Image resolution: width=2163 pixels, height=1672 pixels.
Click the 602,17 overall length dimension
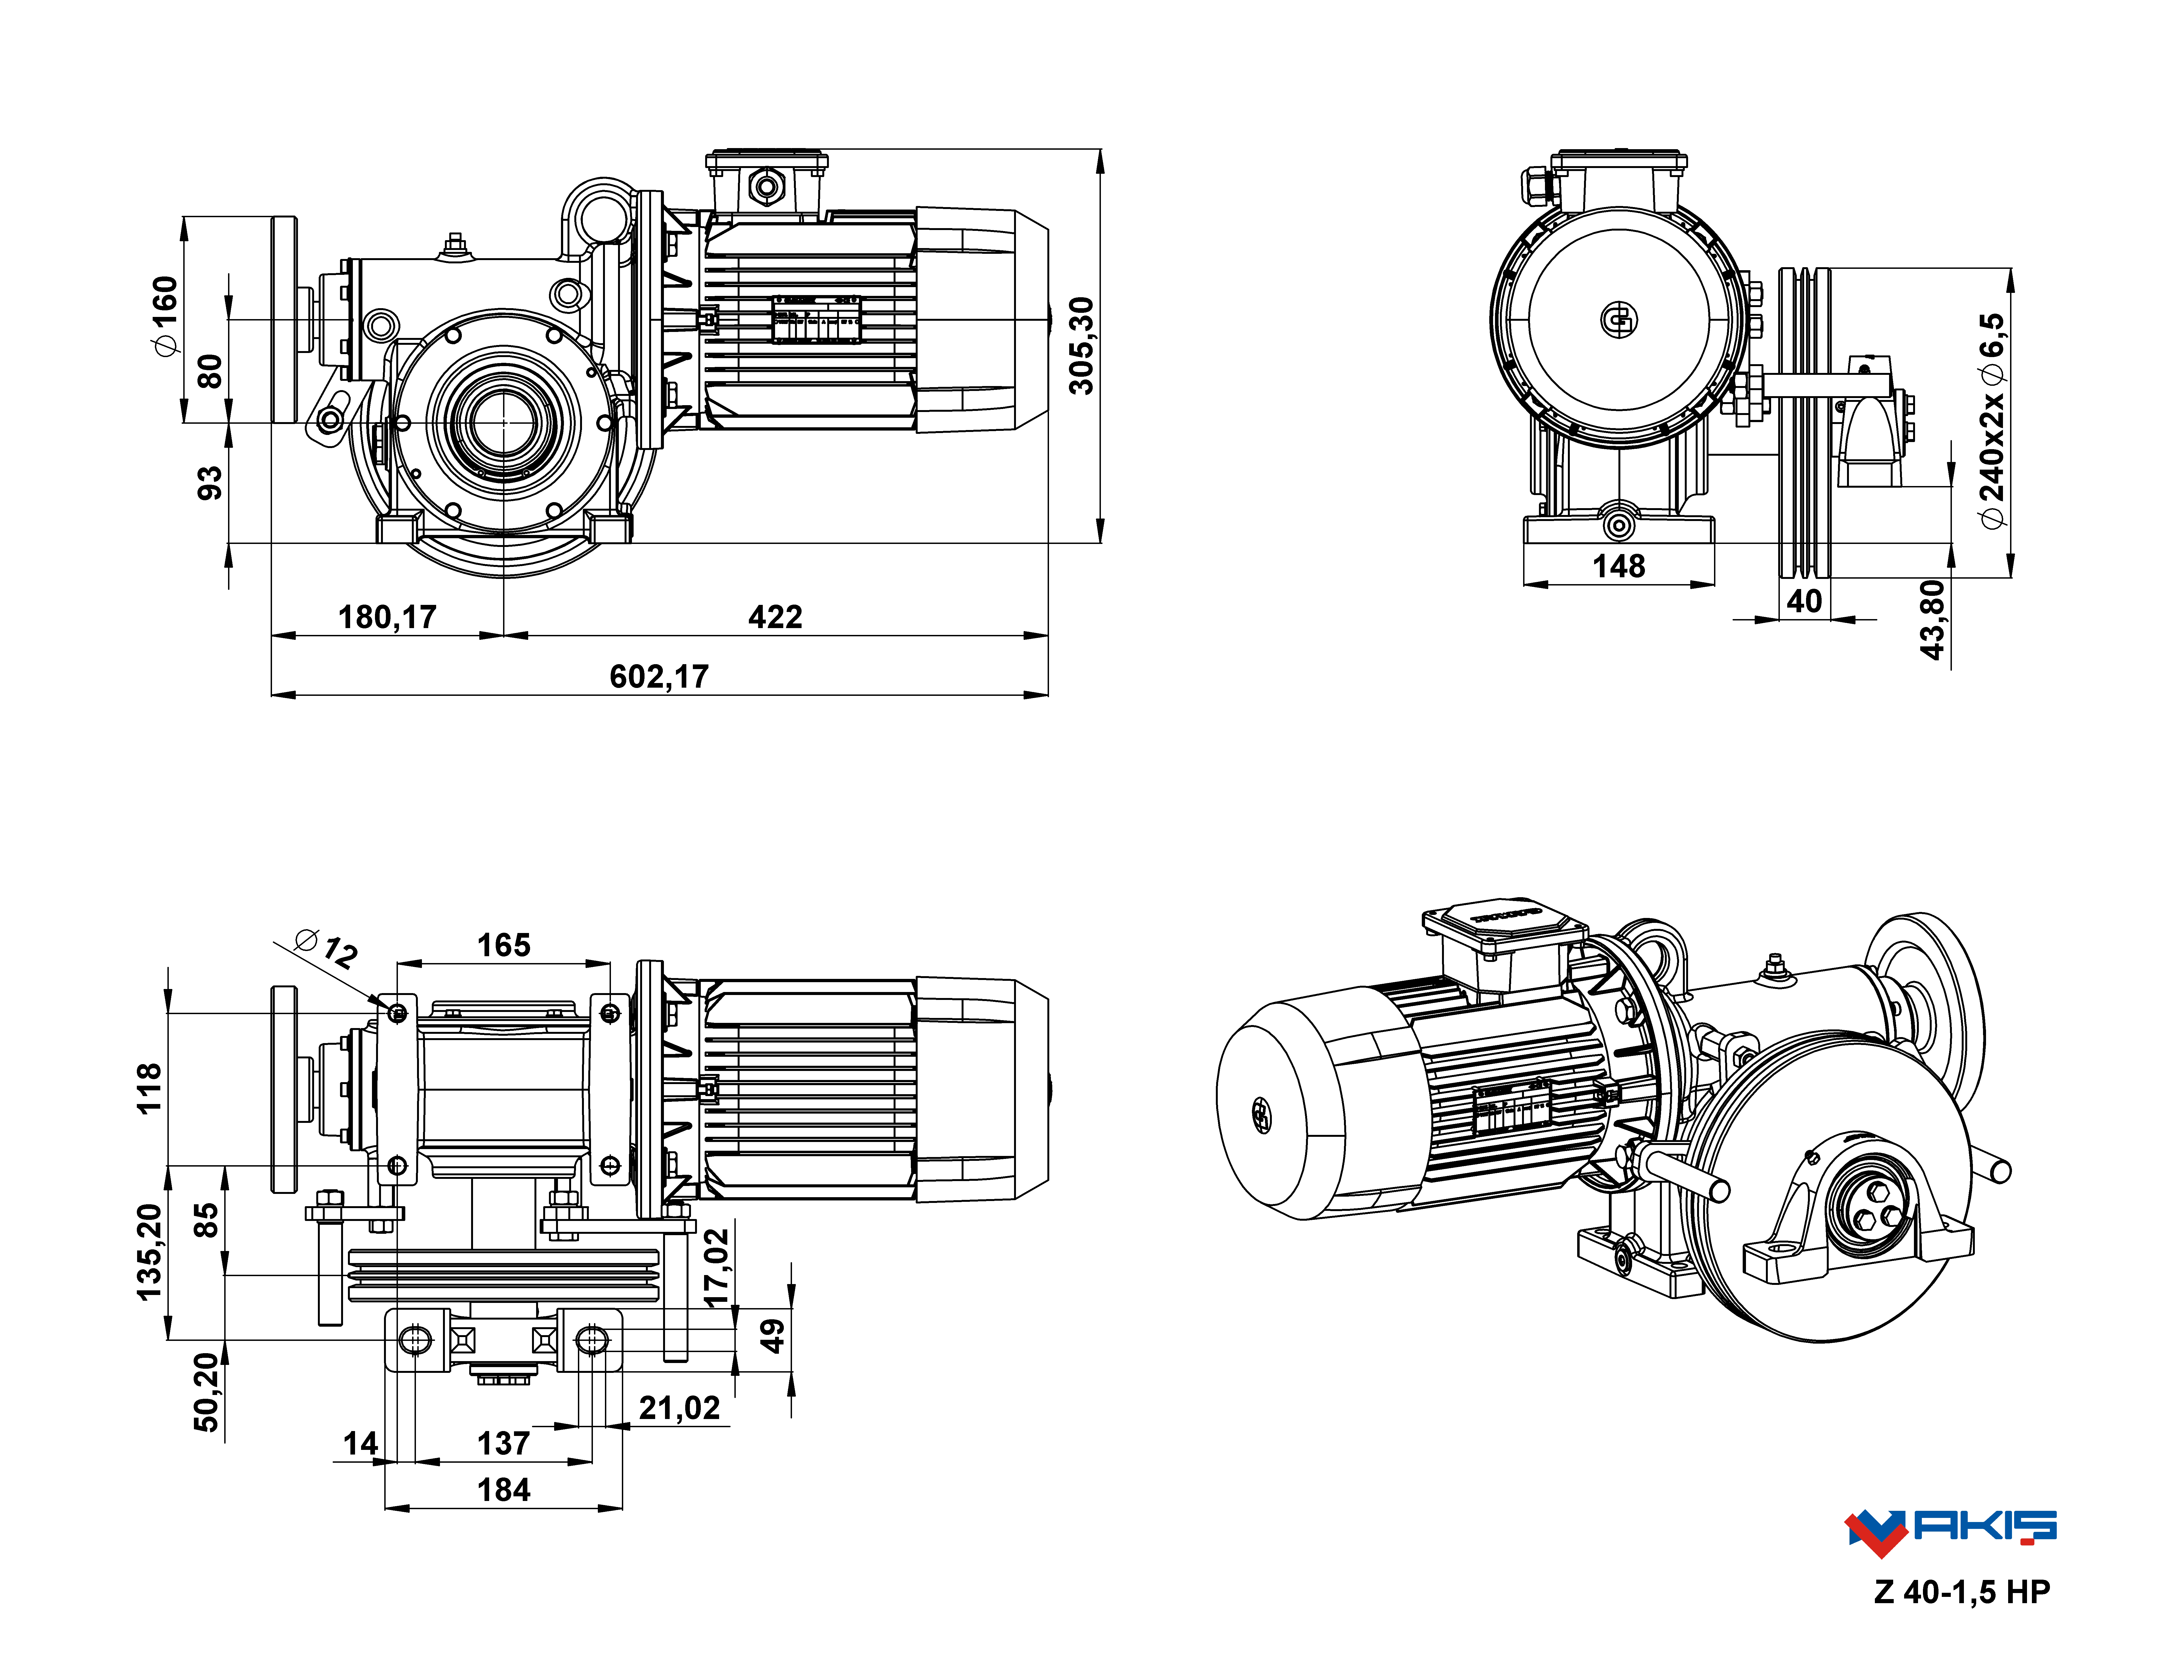[659, 676]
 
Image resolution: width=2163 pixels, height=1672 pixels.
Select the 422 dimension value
[775, 617]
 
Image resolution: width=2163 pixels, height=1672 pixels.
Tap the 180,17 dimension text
[387, 617]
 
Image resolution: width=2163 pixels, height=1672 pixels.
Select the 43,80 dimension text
[1932, 620]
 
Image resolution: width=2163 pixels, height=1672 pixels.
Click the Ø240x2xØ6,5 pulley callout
[1992, 421]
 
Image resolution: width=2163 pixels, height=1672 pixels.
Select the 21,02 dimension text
[679, 1408]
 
